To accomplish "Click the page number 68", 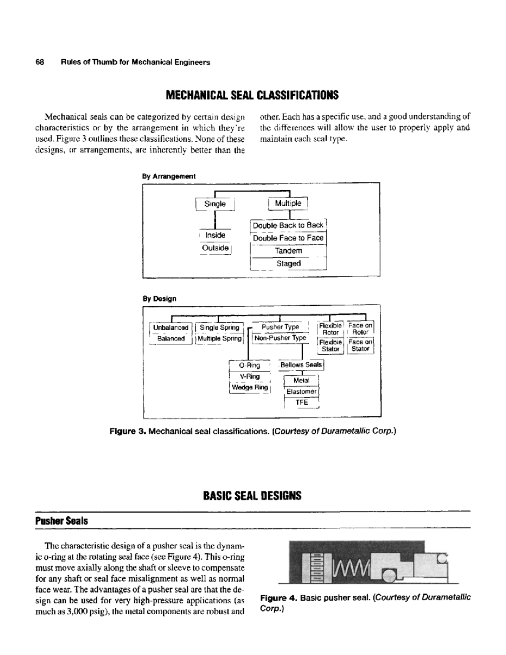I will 40,62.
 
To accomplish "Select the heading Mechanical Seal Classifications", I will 252,95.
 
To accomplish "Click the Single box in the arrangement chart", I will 215,204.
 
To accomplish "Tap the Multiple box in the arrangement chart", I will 288,203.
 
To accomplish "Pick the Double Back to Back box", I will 288,225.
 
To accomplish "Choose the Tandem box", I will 288,251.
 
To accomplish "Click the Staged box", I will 288,263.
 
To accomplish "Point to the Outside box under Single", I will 215,248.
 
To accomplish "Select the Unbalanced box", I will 170,328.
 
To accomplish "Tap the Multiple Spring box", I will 220,338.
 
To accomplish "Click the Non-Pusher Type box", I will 280,338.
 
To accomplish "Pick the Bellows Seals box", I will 301,364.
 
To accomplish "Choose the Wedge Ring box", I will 250,387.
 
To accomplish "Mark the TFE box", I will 301,402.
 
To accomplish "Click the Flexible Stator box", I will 330,345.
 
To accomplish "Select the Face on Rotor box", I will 360,329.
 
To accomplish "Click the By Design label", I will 159,299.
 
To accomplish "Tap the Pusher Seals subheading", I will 62,521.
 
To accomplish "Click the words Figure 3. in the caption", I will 127,431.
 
